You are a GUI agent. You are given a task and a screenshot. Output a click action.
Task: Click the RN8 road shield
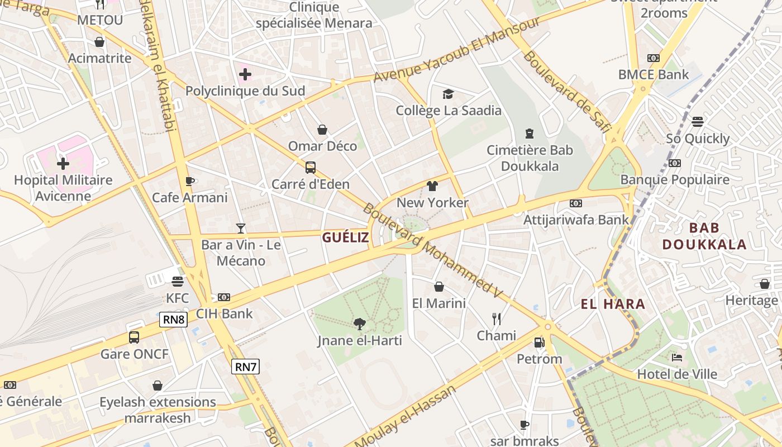tap(174, 320)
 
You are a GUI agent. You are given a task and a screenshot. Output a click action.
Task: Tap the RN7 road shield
tap(246, 367)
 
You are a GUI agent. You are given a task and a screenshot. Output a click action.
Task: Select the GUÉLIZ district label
tap(345, 237)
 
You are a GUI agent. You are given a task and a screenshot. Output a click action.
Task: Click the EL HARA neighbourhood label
tap(613, 305)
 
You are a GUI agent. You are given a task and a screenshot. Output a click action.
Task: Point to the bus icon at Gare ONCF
tap(134, 337)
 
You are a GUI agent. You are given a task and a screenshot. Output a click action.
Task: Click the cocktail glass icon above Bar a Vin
tap(241, 228)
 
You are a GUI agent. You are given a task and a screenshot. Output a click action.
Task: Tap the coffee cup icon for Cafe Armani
tap(190, 181)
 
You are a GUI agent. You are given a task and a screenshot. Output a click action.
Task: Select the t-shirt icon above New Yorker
tap(432, 186)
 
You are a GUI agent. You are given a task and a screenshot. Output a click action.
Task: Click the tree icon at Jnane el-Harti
tap(360, 324)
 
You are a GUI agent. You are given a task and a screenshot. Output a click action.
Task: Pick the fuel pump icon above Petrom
tap(539, 343)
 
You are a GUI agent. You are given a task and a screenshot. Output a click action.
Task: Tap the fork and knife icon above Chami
tap(497, 319)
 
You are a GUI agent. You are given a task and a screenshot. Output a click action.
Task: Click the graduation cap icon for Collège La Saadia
tap(449, 94)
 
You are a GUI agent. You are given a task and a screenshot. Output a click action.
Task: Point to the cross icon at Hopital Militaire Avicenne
tap(63, 164)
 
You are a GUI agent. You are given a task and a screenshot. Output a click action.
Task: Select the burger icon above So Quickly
tap(698, 122)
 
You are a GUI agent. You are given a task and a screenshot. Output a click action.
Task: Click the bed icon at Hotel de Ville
tap(677, 358)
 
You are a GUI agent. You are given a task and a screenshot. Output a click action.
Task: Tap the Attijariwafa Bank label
tap(576, 220)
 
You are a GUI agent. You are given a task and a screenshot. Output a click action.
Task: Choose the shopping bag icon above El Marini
tap(439, 287)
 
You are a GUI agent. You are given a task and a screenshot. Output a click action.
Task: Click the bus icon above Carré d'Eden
tap(311, 168)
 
